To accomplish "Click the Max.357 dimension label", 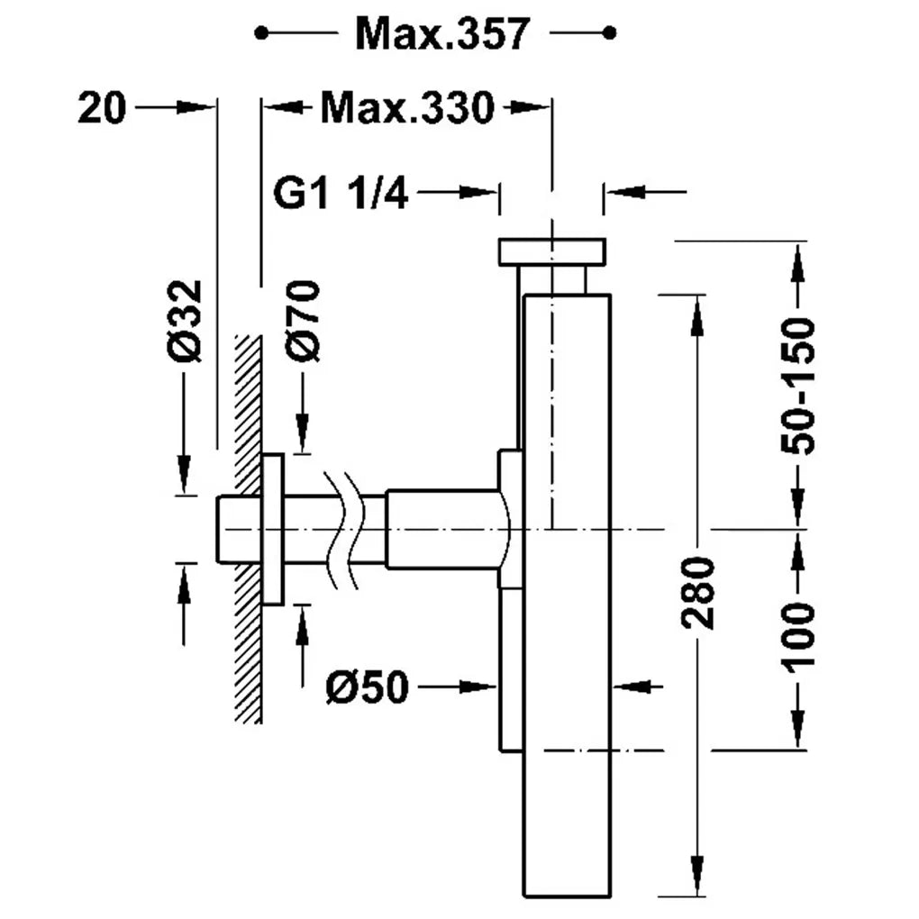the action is pyautogui.click(x=442, y=34).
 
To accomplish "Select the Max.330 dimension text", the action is pyautogui.click(x=407, y=108).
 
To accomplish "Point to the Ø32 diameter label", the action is pyautogui.click(x=185, y=321).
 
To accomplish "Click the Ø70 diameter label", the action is pyautogui.click(x=303, y=321).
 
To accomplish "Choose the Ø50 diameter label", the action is pyautogui.click(x=367, y=687).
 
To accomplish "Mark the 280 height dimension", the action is pyautogui.click(x=697, y=593).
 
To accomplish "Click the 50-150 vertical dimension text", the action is pyautogui.click(x=797, y=386).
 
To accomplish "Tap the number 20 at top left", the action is pyautogui.click(x=102, y=108).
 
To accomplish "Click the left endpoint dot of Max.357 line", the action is pyautogui.click(x=261, y=32).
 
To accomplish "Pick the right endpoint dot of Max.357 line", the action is pyautogui.click(x=610, y=32).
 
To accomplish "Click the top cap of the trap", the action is pyautogui.click(x=551, y=252).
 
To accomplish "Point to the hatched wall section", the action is pyautogui.click(x=248, y=528).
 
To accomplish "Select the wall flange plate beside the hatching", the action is pyautogui.click(x=273, y=529).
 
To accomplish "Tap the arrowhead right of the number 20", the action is pyautogui.click(x=196, y=107).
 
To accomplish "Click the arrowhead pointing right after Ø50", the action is pyautogui.click(x=478, y=687).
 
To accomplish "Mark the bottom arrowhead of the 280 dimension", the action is pyautogui.click(x=696, y=877).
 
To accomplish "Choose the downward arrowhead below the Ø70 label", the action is pyautogui.click(x=303, y=433).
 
